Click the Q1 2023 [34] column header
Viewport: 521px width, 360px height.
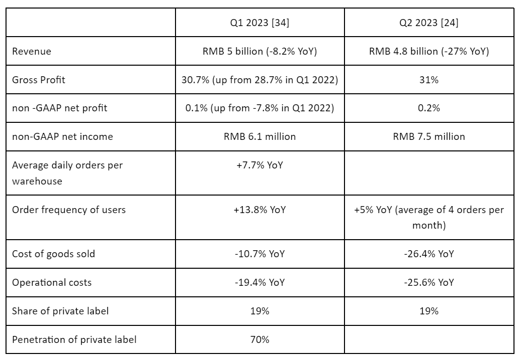(260, 23)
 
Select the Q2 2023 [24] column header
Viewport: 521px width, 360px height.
(429, 23)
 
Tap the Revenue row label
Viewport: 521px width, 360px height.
(32, 52)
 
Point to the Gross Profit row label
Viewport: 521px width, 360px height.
(39, 80)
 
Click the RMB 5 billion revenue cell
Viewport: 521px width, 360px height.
(260, 52)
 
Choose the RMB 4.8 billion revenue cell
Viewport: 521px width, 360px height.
(429, 52)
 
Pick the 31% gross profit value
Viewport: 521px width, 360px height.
(429, 80)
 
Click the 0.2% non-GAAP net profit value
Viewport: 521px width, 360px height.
(429, 108)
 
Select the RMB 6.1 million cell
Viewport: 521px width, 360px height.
(260, 137)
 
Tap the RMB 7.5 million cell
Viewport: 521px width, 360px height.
(429, 137)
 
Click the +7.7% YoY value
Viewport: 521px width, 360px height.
(260, 165)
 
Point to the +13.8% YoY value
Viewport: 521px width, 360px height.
(260, 210)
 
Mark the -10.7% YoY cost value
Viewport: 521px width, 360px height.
(260, 254)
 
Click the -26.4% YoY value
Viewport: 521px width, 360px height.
(429, 254)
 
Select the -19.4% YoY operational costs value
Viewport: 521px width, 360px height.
(260, 283)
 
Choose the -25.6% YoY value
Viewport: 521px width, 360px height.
(429, 283)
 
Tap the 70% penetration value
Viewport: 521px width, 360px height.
(260, 340)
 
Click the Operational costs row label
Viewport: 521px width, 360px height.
(52, 283)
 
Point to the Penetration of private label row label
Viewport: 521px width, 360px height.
(74, 340)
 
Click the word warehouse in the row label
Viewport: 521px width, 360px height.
(37, 182)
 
